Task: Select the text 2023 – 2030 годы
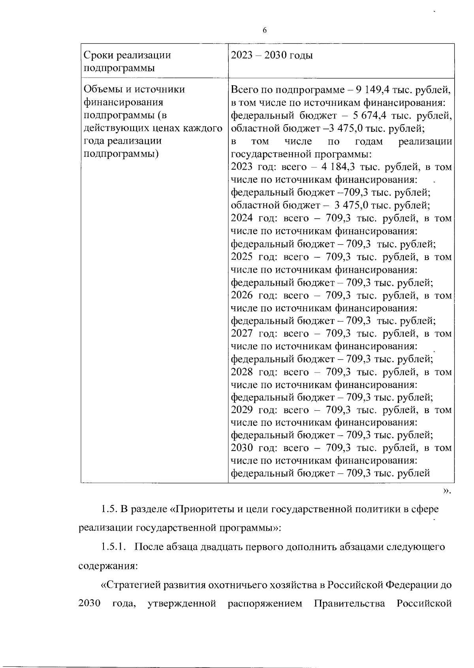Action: pos(272,55)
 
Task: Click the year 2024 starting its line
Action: pos(242,218)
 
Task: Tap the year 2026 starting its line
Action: pos(242,295)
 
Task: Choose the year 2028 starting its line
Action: pos(242,372)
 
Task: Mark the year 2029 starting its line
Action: pos(242,410)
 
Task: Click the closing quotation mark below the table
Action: pos(446,491)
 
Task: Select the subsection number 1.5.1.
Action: pos(113,547)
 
